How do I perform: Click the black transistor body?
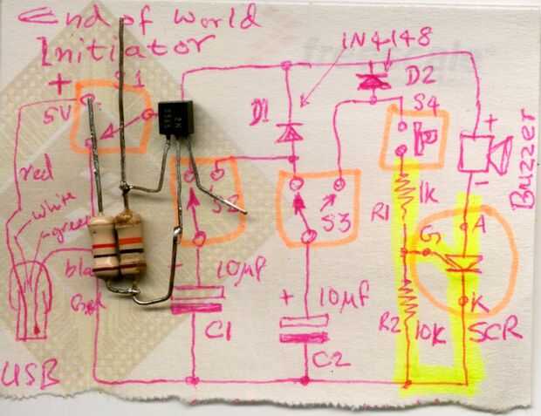175,118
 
